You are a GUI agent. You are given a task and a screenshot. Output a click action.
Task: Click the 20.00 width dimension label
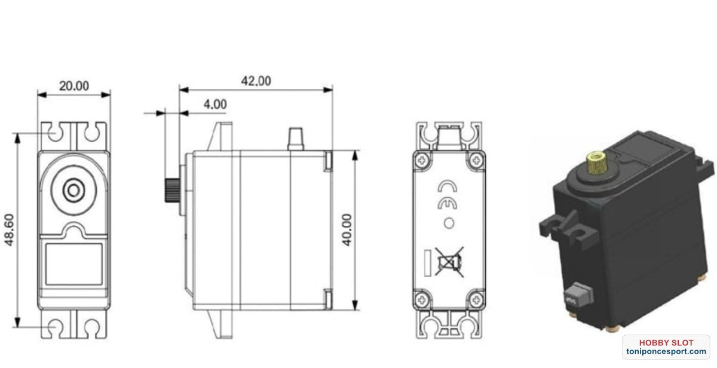coord(73,86)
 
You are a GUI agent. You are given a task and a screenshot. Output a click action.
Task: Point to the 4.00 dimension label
coord(215,104)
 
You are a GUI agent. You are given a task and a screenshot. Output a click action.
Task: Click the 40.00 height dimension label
coord(346,229)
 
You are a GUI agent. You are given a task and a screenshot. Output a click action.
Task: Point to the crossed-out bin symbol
coord(450,262)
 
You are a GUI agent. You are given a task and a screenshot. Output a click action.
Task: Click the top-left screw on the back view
coord(423,160)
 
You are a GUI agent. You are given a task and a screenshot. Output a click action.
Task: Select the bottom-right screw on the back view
coord(476,297)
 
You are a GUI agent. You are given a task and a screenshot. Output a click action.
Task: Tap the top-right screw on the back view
coord(476,160)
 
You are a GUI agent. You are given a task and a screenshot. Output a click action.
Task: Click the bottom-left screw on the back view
coord(423,297)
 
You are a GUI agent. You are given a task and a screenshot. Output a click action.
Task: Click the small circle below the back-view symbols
coord(449,224)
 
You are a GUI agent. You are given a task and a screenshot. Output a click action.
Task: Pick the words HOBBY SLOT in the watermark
coord(666,343)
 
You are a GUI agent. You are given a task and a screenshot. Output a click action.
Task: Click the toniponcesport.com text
coord(666,352)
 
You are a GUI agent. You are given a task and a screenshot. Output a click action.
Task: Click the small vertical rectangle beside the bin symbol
coord(427,262)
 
